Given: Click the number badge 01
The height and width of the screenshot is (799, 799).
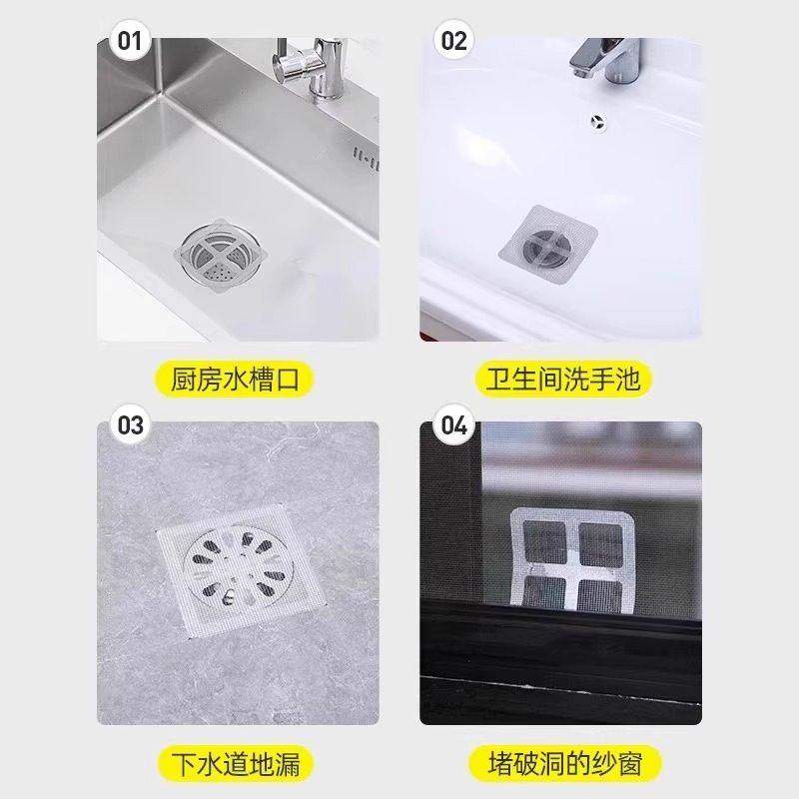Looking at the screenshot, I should [x=131, y=41].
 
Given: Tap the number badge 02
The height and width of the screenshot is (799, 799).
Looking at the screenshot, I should [x=453, y=41].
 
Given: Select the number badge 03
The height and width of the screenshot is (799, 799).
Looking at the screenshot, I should [x=131, y=425].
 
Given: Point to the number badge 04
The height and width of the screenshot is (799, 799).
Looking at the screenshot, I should [x=453, y=425].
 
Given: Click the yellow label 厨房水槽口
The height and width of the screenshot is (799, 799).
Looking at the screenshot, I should [x=239, y=381].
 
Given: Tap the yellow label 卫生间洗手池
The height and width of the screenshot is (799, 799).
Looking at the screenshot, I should [x=560, y=381].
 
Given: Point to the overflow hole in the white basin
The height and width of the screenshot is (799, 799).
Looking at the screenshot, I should [x=596, y=121].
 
